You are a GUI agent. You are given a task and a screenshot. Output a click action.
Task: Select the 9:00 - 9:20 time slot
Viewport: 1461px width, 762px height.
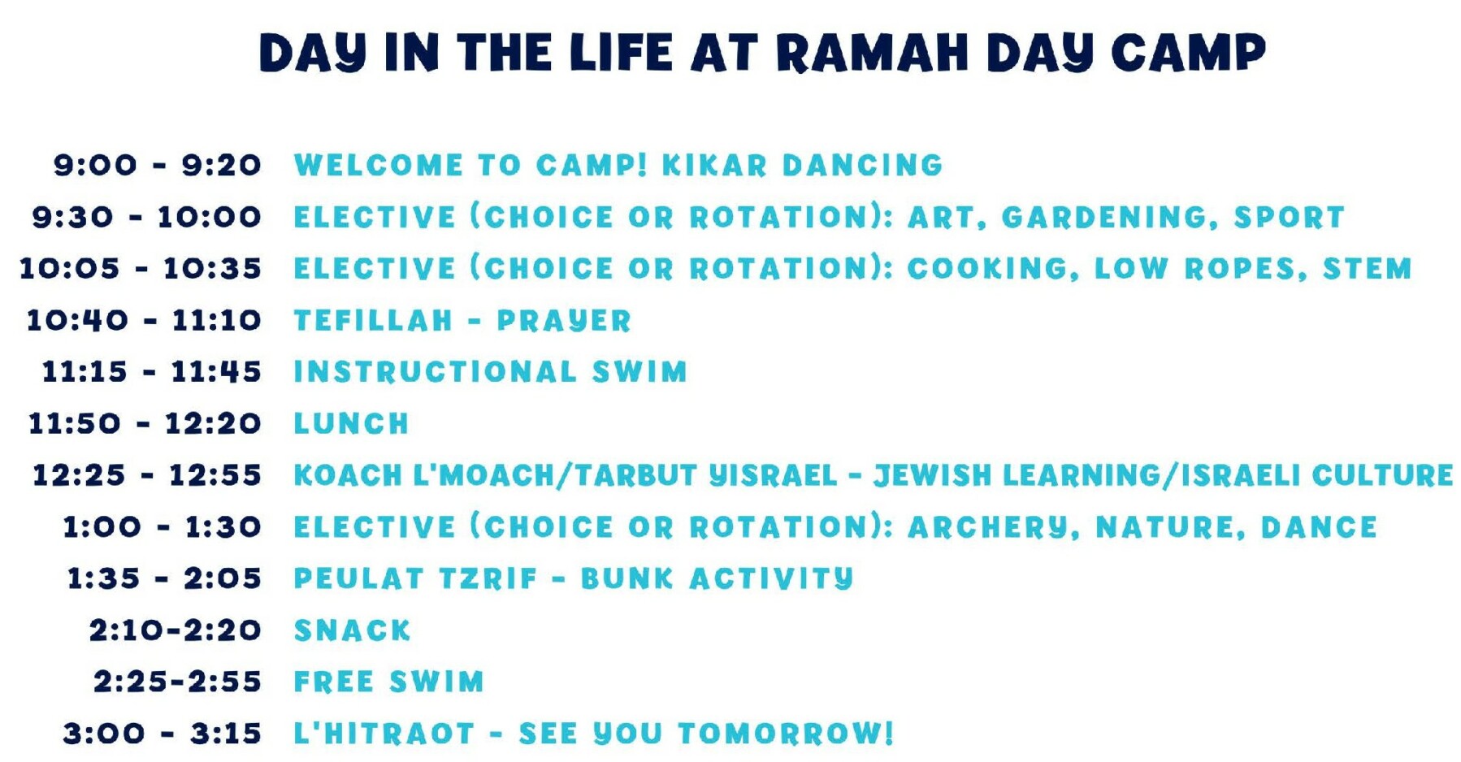(x=157, y=165)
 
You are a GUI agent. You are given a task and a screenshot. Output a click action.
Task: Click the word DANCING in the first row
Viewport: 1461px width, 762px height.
(x=862, y=165)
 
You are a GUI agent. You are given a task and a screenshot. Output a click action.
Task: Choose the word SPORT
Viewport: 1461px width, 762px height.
(x=1290, y=217)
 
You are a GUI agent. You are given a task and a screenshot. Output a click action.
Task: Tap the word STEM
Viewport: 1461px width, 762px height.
(x=1368, y=269)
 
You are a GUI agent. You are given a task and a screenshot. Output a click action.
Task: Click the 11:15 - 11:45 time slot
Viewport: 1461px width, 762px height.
(x=151, y=372)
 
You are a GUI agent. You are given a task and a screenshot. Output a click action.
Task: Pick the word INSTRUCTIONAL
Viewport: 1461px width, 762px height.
(x=435, y=372)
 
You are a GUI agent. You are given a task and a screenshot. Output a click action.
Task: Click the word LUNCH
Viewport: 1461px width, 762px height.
(x=351, y=424)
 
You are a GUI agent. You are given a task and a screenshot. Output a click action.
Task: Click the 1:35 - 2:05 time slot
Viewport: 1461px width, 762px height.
(x=164, y=578)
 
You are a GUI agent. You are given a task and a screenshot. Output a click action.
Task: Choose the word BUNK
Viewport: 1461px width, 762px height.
(x=627, y=578)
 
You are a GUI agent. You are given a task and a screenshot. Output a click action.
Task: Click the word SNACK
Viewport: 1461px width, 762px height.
(x=352, y=630)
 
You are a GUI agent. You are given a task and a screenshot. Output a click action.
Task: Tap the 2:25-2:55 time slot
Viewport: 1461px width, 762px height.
(x=177, y=682)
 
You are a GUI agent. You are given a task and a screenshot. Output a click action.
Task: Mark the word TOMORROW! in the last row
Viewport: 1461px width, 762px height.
(x=786, y=734)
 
